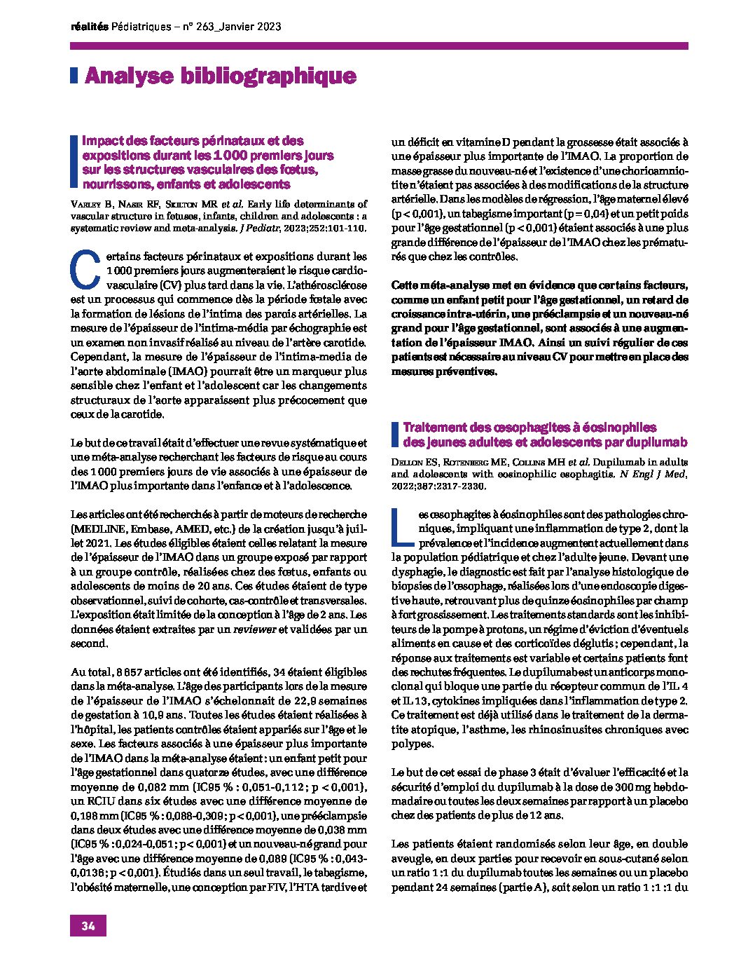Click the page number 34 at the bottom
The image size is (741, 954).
point(88,925)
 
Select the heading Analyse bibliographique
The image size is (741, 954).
point(220,76)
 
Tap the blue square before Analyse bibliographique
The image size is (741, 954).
point(74,76)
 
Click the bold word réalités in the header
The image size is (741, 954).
point(90,27)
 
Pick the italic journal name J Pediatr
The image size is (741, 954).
point(260,229)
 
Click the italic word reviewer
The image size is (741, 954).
point(254,629)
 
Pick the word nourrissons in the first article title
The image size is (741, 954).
point(116,184)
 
